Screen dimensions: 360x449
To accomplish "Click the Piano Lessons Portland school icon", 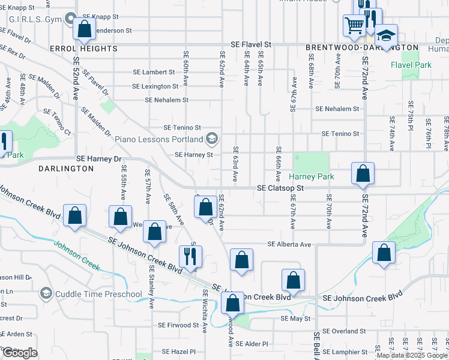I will [x=211, y=140].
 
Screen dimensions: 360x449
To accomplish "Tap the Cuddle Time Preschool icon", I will [x=46, y=293].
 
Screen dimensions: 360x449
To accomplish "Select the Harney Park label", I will [x=310, y=176].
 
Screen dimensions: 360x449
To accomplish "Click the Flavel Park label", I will [x=411, y=64].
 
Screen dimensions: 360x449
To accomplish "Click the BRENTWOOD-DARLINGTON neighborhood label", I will [x=361, y=47].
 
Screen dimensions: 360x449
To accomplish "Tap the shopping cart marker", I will [x=354, y=26].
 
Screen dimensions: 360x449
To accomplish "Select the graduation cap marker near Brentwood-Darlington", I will [x=387, y=34].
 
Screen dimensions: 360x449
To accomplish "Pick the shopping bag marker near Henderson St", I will [x=85, y=28].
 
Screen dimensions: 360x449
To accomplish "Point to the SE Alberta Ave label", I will [x=289, y=245].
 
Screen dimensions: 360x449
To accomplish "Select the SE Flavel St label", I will [x=252, y=44].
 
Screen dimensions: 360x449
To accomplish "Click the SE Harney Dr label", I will [x=99, y=159].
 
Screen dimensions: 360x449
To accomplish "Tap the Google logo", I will [x=20, y=352].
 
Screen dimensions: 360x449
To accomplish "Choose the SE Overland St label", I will [x=343, y=331].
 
